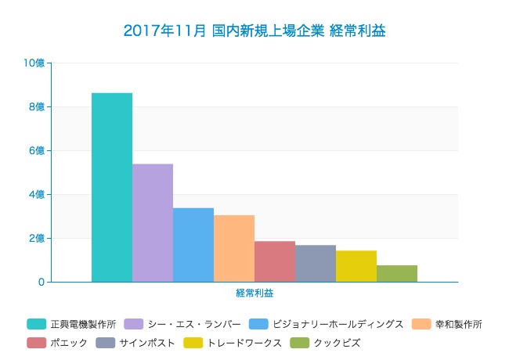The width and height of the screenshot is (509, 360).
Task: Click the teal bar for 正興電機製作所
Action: coord(112,187)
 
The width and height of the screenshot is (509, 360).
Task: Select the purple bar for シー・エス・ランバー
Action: coord(153,222)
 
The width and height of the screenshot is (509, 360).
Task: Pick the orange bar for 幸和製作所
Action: coord(234,248)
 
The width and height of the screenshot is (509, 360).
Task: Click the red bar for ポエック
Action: coord(275,261)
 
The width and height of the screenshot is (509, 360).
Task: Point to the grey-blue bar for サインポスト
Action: coord(316,263)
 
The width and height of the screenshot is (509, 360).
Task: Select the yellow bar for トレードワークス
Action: coord(356,266)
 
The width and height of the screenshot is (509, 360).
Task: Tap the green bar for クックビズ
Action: coord(397,273)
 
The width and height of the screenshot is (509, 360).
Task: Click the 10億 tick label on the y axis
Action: coord(35,63)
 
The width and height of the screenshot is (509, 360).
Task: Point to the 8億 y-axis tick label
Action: coord(38,106)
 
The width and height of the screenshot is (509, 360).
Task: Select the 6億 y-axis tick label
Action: coord(38,150)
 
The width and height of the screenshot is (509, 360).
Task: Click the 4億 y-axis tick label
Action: coord(38,194)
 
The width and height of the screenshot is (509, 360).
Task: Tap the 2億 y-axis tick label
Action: coord(38,238)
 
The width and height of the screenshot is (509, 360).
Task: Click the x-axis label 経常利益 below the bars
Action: coord(254,293)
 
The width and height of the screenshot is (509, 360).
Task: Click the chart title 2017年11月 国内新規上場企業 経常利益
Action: coord(254,31)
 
